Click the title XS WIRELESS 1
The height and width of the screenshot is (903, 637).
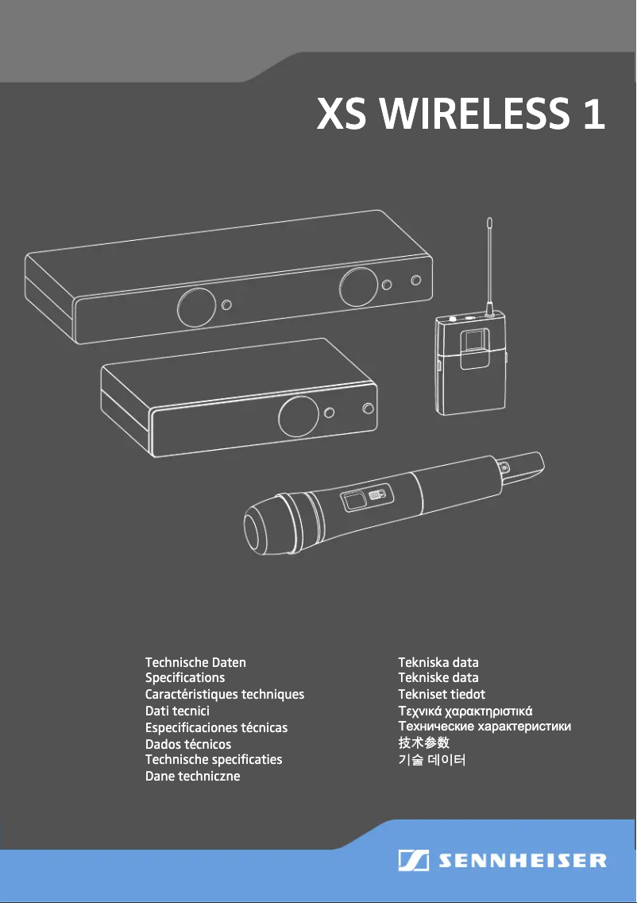[461, 114]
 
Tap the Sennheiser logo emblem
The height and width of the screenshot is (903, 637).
[414, 861]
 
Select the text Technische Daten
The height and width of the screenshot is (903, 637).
[195, 662]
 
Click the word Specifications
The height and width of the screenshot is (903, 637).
[185, 678]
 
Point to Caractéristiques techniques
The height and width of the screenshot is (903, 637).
[225, 695]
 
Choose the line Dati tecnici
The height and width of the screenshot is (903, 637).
[177, 711]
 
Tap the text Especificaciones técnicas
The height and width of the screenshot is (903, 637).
[216, 727]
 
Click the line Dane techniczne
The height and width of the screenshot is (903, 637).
[192, 776]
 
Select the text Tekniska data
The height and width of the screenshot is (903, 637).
[438, 662]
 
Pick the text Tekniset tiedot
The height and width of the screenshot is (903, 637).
[442, 695]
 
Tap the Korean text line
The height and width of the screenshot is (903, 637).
[432, 760]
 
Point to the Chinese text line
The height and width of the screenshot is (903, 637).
[423, 743]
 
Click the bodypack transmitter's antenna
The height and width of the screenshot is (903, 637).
[489, 262]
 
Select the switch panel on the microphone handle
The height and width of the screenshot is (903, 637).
[364, 499]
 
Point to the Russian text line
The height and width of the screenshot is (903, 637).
[485, 727]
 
